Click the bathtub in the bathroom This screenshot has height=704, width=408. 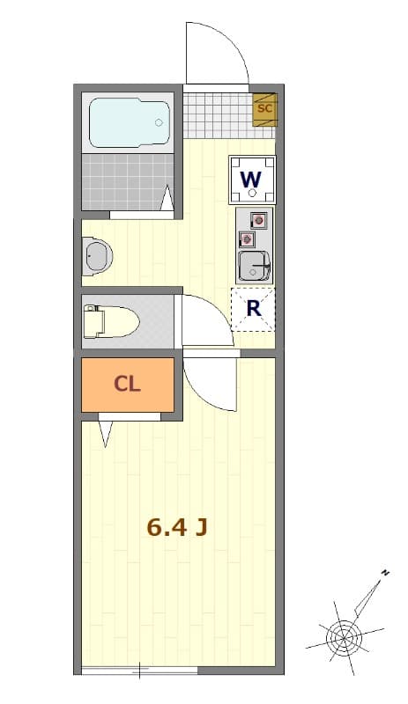tap(130, 123)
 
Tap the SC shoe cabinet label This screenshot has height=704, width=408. tap(264, 109)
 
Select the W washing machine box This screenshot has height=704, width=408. tap(252, 180)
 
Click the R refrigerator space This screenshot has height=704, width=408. tap(253, 309)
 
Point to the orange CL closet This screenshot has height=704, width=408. tap(128, 385)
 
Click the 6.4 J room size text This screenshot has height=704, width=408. tap(177, 528)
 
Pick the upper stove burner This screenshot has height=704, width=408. tap(259, 220)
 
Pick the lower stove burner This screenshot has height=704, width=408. tap(248, 238)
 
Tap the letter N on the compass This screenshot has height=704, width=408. tap(385, 573)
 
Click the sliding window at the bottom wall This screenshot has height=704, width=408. tap(139, 671)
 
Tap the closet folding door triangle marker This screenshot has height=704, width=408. tap(107, 432)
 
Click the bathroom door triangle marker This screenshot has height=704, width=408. tap(167, 198)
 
